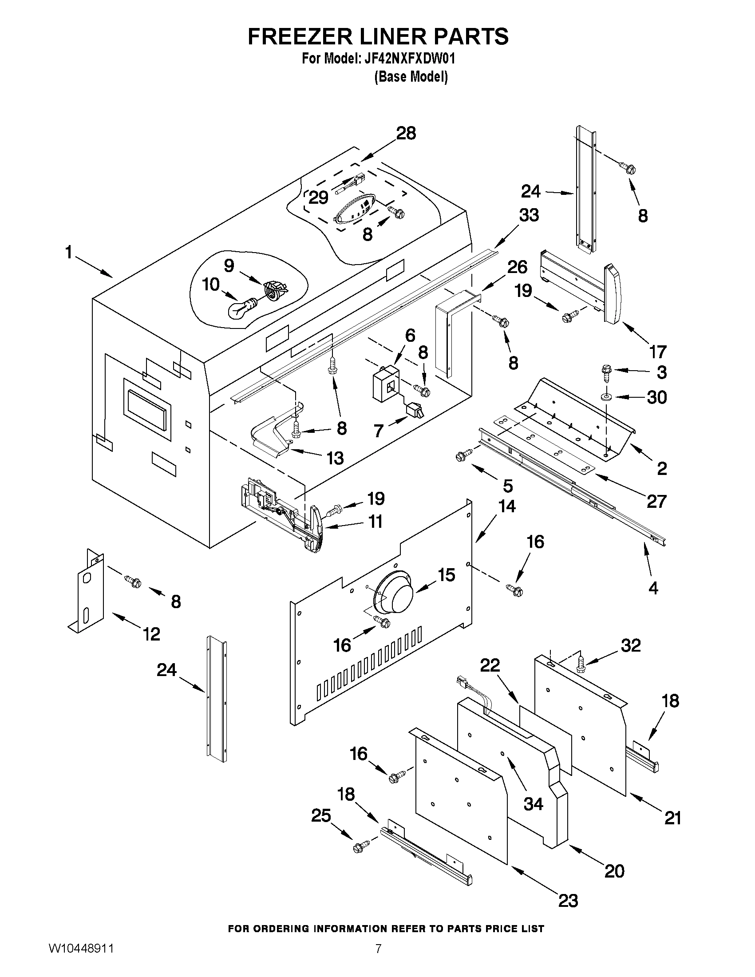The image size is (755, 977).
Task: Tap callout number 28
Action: (406, 133)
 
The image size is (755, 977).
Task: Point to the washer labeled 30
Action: (607, 397)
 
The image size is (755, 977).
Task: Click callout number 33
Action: (529, 215)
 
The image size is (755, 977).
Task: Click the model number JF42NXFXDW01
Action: (407, 59)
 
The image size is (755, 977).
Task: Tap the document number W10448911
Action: (81, 960)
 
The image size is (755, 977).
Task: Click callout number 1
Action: (68, 253)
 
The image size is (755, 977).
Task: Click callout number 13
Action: (335, 458)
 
